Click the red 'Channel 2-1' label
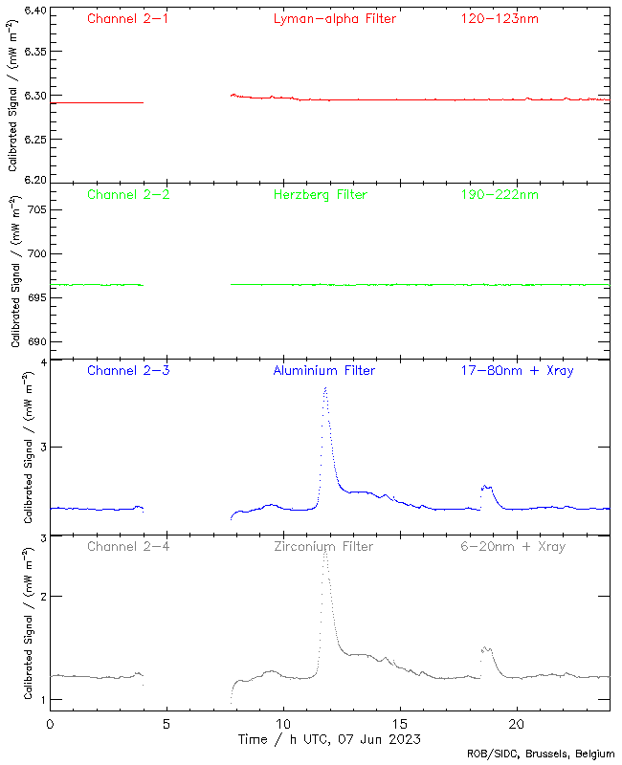(128, 18)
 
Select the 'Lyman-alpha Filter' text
(334, 18)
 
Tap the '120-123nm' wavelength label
(500, 18)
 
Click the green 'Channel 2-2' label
(128, 194)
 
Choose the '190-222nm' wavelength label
(500, 194)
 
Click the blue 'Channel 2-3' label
(128, 370)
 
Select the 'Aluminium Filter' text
(324, 370)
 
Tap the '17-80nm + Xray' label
(517, 370)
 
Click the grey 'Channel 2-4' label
(128, 546)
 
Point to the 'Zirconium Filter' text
(324, 546)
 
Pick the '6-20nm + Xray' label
(512, 546)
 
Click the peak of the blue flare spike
(325, 388)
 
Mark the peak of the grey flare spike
(325, 549)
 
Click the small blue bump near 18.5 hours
(486, 487)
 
